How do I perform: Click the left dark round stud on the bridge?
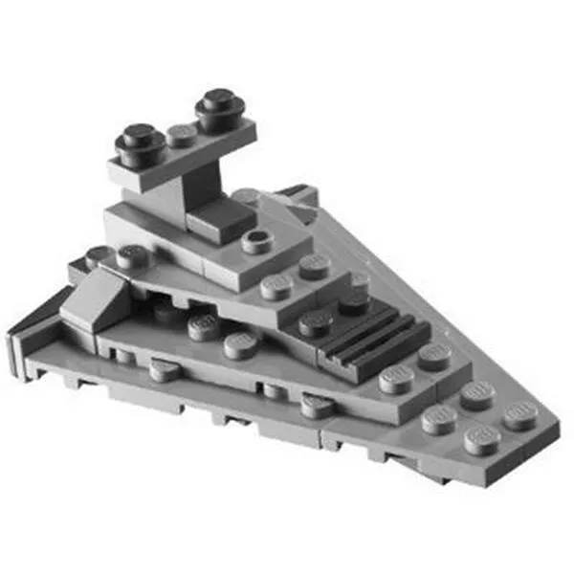pos(141,143)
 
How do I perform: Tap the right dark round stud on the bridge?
pos(220,108)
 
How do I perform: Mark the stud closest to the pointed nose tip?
pos(519,412)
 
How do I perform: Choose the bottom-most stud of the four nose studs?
pos(482,439)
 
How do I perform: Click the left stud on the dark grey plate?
pos(315,322)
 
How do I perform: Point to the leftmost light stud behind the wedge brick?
pos(98,256)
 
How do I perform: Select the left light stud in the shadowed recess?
pos(204,327)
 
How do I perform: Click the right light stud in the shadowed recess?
pos(240,343)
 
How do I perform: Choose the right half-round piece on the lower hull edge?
pos(317,406)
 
